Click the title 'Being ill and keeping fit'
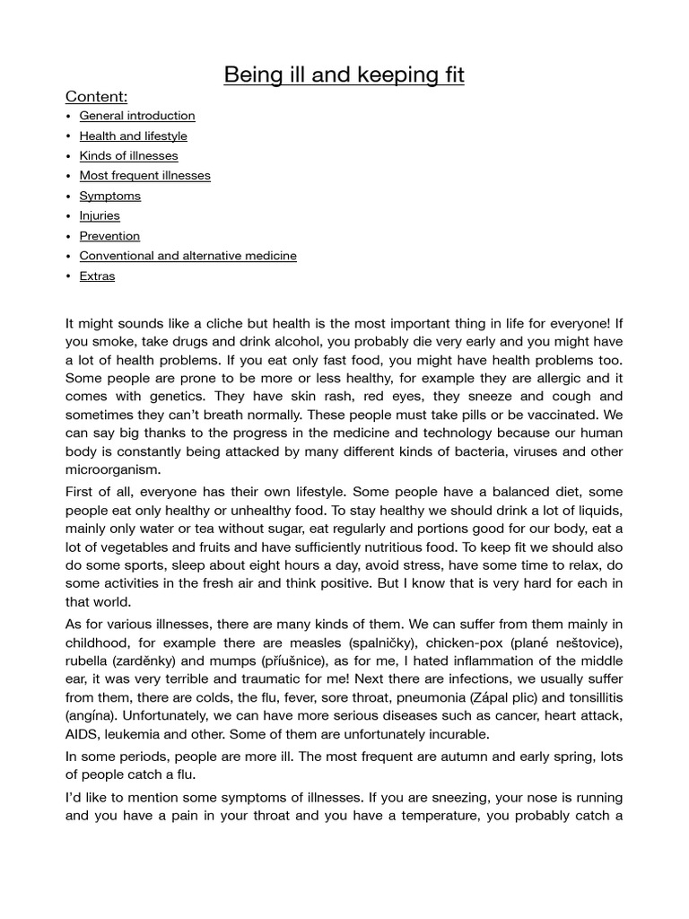(x=344, y=74)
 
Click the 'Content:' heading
(x=96, y=97)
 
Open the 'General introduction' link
(x=137, y=116)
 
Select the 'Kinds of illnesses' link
(x=128, y=156)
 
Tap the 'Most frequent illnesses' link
(x=144, y=176)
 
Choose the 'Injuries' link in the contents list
(x=99, y=216)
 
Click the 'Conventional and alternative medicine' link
(x=188, y=256)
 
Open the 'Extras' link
(x=97, y=276)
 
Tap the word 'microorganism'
(x=113, y=470)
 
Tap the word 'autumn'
(x=461, y=757)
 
